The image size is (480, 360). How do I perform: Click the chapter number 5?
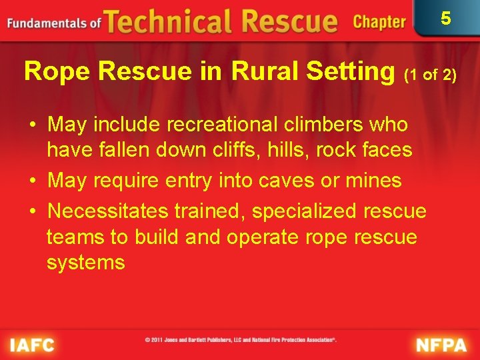[446, 18]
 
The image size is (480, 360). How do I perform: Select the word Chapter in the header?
[379, 22]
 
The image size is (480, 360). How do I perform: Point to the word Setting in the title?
[354, 71]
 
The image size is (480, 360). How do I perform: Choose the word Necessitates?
[108, 211]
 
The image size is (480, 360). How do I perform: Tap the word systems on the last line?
[85, 262]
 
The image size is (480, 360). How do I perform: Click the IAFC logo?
[32, 345]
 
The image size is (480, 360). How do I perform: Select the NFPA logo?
[441, 345]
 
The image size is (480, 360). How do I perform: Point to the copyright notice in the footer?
[241, 339]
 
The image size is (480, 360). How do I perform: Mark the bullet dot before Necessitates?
[31, 212]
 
